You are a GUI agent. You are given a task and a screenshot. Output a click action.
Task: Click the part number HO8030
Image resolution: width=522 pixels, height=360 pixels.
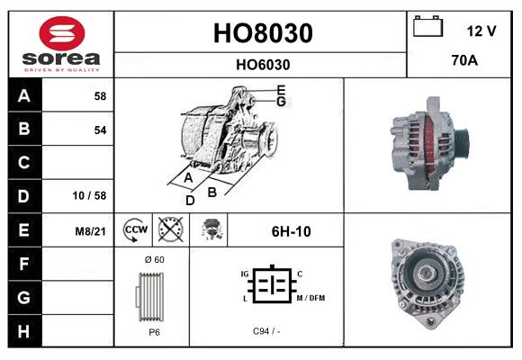262,33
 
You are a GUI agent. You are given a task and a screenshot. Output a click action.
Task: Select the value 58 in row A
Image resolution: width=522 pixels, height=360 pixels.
100,95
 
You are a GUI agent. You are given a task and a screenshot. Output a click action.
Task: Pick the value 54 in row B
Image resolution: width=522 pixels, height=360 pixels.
100,130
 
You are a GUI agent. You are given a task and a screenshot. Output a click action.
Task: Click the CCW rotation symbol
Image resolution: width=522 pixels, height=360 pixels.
133,230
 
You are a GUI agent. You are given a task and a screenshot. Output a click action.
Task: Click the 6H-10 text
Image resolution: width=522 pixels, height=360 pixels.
291,231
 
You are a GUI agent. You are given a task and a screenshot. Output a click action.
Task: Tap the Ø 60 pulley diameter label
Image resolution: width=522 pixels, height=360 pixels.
153,259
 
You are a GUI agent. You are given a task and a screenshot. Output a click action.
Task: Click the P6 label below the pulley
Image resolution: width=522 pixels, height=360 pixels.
153,331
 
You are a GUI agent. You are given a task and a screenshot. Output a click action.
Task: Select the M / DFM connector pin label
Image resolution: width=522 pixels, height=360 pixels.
310,298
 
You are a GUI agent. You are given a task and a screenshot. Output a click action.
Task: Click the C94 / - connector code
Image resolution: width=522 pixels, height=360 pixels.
267,331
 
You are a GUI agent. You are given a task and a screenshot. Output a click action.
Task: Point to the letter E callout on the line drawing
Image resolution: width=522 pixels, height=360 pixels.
281,89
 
